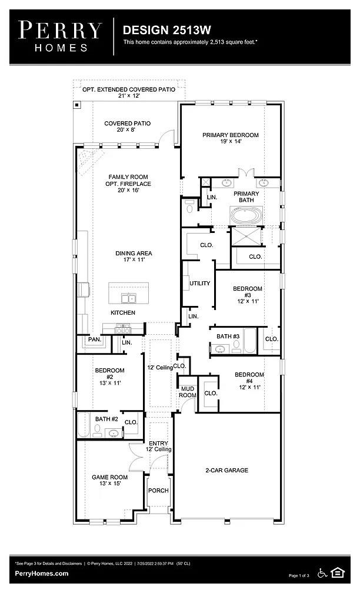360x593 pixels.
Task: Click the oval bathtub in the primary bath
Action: point(246,216)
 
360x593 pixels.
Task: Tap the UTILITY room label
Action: point(200,284)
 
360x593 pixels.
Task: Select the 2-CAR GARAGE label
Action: point(226,471)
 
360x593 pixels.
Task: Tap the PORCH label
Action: point(159,491)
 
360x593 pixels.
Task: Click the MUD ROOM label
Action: point(187,392)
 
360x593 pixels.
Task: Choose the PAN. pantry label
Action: point(95,340)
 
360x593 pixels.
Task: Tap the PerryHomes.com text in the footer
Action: point(41,574)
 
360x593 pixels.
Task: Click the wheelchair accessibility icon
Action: point(322,572)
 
